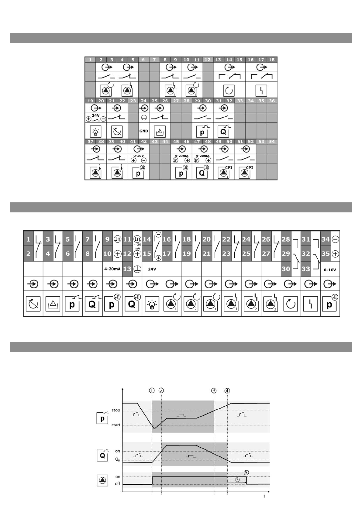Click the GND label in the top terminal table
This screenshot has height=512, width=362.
144,131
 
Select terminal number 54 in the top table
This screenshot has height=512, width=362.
272,142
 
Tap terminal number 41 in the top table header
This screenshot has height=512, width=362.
133,142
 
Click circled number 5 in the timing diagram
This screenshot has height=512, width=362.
246,473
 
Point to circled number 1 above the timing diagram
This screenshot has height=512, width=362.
152,390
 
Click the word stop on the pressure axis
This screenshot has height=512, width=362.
116,410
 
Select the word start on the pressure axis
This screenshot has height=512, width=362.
116,425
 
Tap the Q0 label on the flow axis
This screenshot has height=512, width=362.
117,460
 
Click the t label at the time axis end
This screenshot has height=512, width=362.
264,496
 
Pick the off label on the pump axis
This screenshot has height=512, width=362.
117,483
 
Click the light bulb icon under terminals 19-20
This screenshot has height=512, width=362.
95,132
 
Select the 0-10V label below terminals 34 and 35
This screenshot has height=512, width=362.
330,270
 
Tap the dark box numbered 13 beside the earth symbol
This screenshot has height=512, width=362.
127,269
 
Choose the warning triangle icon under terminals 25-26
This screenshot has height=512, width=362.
160,132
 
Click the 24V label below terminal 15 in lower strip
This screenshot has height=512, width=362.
152,269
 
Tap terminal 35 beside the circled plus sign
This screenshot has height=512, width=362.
326,254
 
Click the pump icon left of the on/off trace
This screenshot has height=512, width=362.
102,480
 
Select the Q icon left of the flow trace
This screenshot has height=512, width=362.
102,455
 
